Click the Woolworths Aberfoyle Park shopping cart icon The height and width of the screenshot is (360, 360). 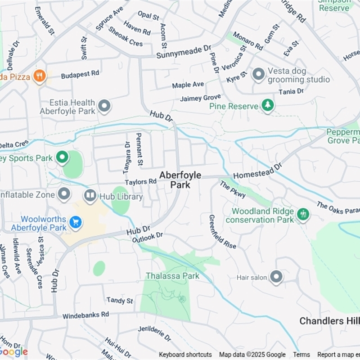tap(75, 222)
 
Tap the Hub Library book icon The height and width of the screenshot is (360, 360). tap(90, 195)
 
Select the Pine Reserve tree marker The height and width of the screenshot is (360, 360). tap(268, 106)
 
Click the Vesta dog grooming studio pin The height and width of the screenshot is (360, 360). tap(258, 74)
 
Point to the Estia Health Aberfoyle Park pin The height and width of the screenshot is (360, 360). tap(104, 106)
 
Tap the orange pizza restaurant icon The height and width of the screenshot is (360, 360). tap(40, 76)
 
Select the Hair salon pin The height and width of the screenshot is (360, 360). tap(276, 277)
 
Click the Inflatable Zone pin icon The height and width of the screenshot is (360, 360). tap(64, 194)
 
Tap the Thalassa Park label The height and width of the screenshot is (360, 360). tap(172, 276)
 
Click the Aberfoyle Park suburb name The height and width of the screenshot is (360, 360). tap(180, 180)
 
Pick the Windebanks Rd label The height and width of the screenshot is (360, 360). tap(85, 315)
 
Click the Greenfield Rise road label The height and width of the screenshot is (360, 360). tap(221, 231)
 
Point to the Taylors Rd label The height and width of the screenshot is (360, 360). tap(141, 182)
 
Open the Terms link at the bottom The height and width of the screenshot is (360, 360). tap(301, 355)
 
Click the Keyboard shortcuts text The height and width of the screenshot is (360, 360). tap(185, 355)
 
